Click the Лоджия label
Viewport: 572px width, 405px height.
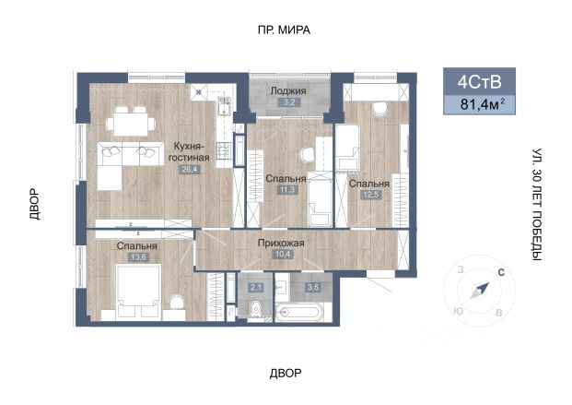tap(287, 91)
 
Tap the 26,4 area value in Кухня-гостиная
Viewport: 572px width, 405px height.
tap(190, 169)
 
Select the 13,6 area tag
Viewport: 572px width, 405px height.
tap(138, 257)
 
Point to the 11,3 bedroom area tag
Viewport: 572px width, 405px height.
tap(287, 190)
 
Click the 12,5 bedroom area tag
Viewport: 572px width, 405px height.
tap(371, 195)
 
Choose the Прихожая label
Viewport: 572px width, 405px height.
tap(281, 243)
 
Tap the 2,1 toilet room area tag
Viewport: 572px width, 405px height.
tap(255, 288)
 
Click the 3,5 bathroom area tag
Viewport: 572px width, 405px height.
tap(313, 288)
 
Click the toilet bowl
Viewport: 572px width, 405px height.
tap(256, 310)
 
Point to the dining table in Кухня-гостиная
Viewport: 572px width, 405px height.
tap(131, 124)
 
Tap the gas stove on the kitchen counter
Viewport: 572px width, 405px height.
tap(223, 150)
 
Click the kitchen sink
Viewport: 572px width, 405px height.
tap(223, 107)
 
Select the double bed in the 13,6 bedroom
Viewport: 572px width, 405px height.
tap(138, 291)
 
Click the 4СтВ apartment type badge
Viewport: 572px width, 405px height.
tap(479, 82)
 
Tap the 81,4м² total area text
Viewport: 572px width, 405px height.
tap(483, 105)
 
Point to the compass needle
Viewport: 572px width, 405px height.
tap(479, 291)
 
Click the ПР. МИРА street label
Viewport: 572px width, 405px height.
tap(284, 30)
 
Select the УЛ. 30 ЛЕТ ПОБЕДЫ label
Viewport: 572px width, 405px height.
tap(537, 205)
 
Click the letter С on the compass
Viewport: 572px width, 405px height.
tap(501, 272)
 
